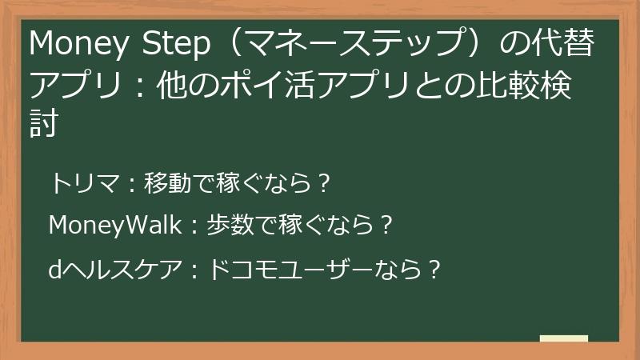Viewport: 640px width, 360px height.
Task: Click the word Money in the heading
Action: coord(70,46)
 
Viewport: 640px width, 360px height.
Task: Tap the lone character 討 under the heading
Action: coord(44,126)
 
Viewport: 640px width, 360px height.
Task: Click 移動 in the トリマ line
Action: coord(165,185)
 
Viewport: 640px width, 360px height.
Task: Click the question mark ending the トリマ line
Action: coord(322,185)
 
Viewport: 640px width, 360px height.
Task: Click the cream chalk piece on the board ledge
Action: coord(563,338)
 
